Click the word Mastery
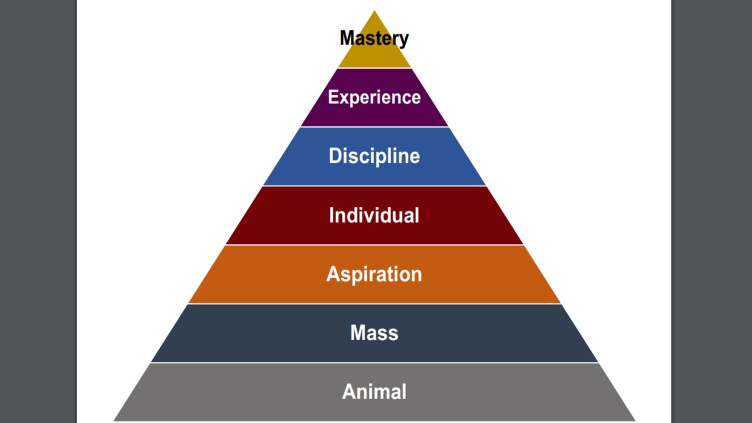click(374, 38)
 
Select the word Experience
click(374, 97)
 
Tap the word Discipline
click(374, 156)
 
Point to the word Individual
click(374, 215)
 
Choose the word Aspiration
click(374, 274)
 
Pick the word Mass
click(374, 333)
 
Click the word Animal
click(374, 391)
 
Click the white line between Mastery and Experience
click(374, 68)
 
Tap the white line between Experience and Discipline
click(374, 127)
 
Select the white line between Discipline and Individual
click(374, 186)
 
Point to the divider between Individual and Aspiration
click(374, 244)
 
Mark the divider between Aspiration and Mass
click(374, 304)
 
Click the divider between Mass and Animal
click(374, 362)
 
